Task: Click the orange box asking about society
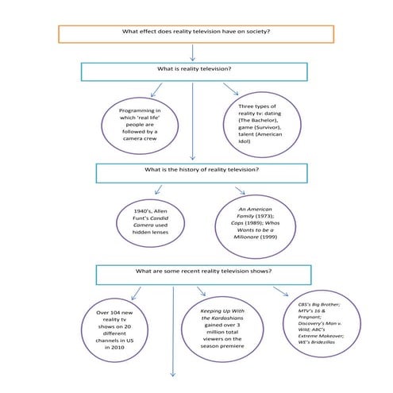tap(195, 33)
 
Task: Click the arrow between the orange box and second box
tap(193, 52)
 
